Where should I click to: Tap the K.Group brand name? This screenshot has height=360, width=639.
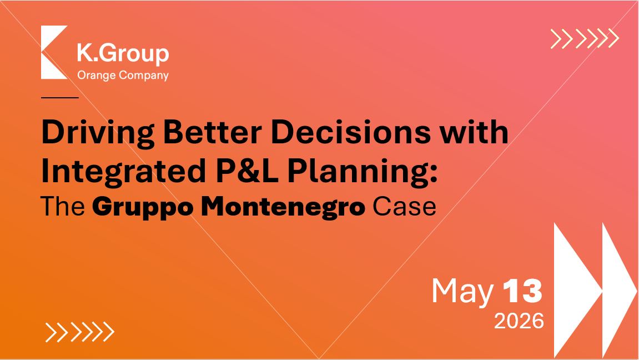pyautogui.click(x=123, y=53)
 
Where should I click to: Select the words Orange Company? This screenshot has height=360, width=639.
pyautogui.click(x=123, y=76)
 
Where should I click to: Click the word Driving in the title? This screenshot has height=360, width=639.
pyautogui.click(x=98, y=133)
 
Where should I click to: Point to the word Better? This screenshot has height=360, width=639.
pyautogui.click(x=212, y=132)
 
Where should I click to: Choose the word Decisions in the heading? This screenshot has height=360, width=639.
pyautogui.click(x=350, y=132)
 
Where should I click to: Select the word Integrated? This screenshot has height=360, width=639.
pyautogui.click(x=123, y=172)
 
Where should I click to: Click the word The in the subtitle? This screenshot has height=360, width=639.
pyautogui.click(x=63, y=206)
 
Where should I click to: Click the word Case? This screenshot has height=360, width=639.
pyautogui.click(x=404, y=206)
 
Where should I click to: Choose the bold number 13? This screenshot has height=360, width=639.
pyautogui.click(x=522, y=291)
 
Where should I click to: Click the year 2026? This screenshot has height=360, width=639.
pyautogui.click(x=519, y=321)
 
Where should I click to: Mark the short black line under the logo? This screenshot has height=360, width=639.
pyautogui.click(x=60, y=98)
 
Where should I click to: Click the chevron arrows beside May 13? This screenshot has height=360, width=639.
pyautogui.click(x=595, y=291)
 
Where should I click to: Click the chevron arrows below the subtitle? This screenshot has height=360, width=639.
pyautogui.click(x=80, y=332)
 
